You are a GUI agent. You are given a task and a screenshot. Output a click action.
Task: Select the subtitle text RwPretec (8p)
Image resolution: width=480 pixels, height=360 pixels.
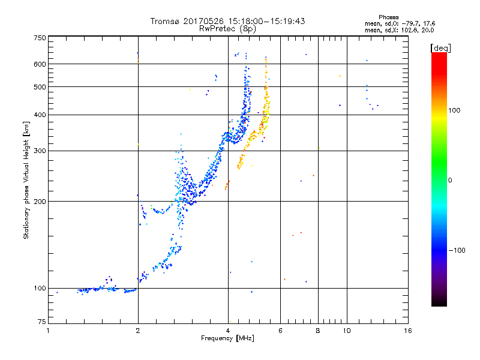coord(227,29)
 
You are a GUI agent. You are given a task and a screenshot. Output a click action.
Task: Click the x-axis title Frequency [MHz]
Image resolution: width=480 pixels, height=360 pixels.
coord(227,338)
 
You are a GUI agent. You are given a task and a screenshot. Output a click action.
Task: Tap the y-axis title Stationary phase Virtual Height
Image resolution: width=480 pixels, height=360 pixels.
coord(26,181)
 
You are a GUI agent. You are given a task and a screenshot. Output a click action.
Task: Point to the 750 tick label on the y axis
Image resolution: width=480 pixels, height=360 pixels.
coord(40,38)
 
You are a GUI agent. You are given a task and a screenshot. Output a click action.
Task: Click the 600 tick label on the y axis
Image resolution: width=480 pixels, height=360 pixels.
coord(40,64)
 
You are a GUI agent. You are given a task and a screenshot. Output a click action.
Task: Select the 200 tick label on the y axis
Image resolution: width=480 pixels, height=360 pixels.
coord(40,202)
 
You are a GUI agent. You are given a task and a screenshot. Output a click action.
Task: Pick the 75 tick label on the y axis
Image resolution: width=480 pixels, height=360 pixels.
coord(42,322)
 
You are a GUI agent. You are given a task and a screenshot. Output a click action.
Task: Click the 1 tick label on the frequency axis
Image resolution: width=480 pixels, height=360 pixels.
coord(48,331)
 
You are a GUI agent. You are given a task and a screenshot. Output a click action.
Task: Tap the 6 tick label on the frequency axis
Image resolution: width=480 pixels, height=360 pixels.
coord(280,331)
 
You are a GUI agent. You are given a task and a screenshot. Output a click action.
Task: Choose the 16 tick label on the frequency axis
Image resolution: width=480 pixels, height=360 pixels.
coord(408,331)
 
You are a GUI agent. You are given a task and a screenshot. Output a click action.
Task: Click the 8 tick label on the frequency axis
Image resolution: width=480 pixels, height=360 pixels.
coord(318,331)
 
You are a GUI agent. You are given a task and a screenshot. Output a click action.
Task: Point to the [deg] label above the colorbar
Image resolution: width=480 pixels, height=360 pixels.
coord(440,48)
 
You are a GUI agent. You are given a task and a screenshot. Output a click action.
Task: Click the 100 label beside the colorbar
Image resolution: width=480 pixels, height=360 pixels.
coord(454,110)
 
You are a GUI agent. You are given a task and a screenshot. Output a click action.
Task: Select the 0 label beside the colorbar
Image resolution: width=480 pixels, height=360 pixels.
coord(450,180)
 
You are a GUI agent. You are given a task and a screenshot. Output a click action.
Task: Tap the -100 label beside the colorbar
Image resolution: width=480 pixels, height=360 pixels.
coord(457,250)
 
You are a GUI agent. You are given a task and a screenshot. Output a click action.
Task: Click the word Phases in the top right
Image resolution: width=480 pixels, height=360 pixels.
coord(389,17)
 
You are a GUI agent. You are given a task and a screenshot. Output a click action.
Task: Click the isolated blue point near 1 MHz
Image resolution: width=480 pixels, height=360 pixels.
coord(57,293)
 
